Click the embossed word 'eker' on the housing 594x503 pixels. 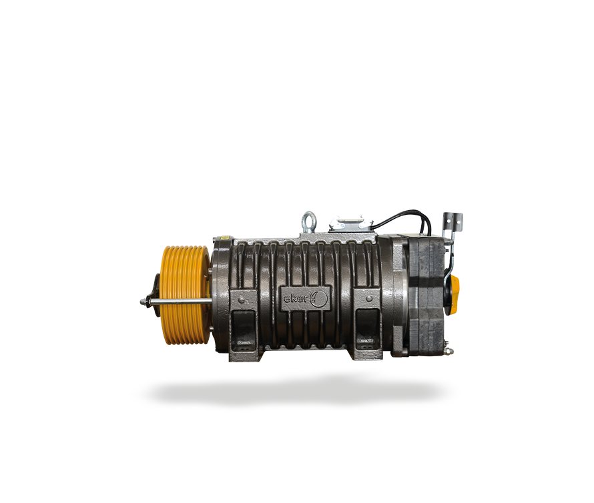coord(296,298)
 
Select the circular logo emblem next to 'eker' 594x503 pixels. coord(319,298)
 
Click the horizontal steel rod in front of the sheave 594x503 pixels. coord(178,302)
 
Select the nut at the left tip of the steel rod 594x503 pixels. coord(143,302)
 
